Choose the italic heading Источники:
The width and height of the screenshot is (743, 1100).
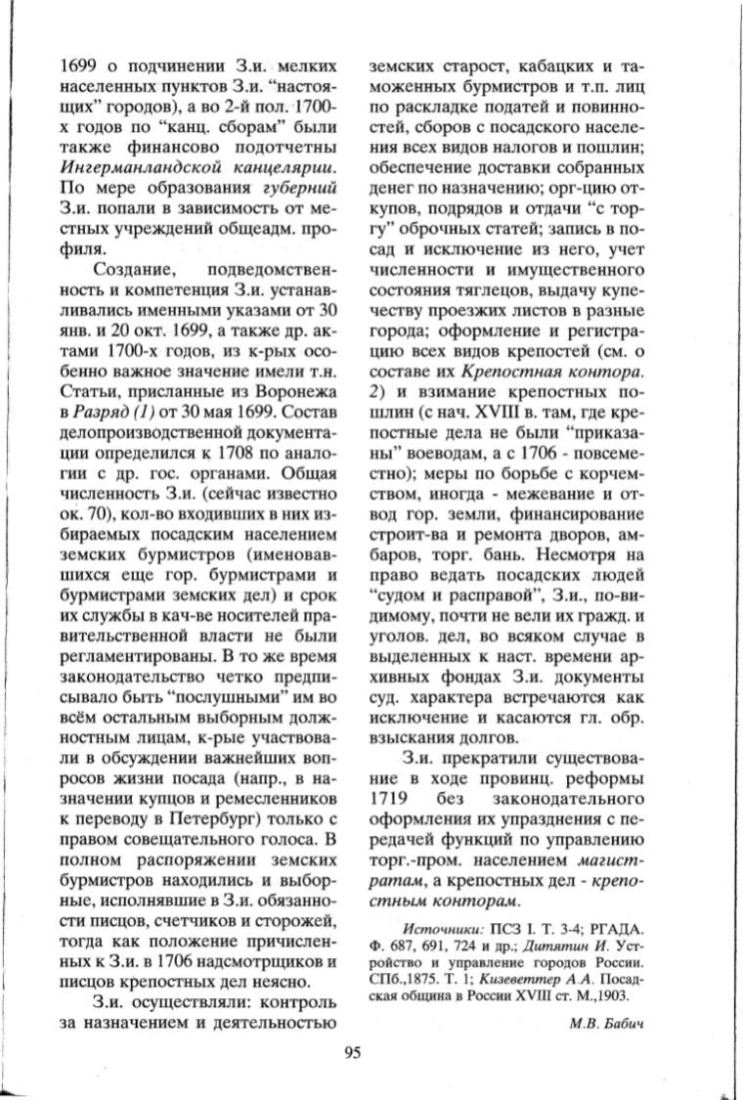(x=448, y=924)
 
